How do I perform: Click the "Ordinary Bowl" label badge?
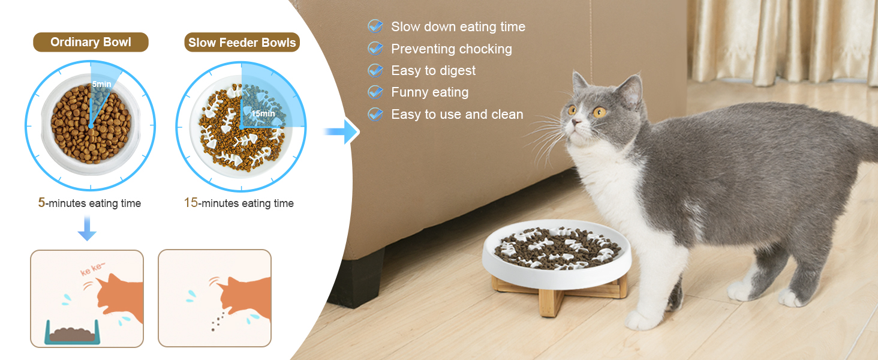(x=91, y=42)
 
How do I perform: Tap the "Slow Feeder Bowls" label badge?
(x=242, y=43)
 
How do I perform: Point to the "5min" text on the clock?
(x=101, y=85)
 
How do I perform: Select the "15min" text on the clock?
(x=263, y=114)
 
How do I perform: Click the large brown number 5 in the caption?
(x=41, y=202)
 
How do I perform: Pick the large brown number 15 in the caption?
(x=191, y=202)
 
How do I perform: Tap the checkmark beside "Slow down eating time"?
(x=375, y=26)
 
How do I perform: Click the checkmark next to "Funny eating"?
(x=375, y=92)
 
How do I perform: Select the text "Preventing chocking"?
(x=452, y=49)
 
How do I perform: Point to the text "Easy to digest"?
(x=433, y=71)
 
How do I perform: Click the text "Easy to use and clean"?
(x=457, y=114)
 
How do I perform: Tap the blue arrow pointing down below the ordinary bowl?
(x=87, y=228)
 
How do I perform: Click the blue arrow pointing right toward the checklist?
(x=342, y=131)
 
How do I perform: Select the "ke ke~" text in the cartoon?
(x=92, y=269)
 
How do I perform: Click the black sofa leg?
(x=357, y=278)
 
